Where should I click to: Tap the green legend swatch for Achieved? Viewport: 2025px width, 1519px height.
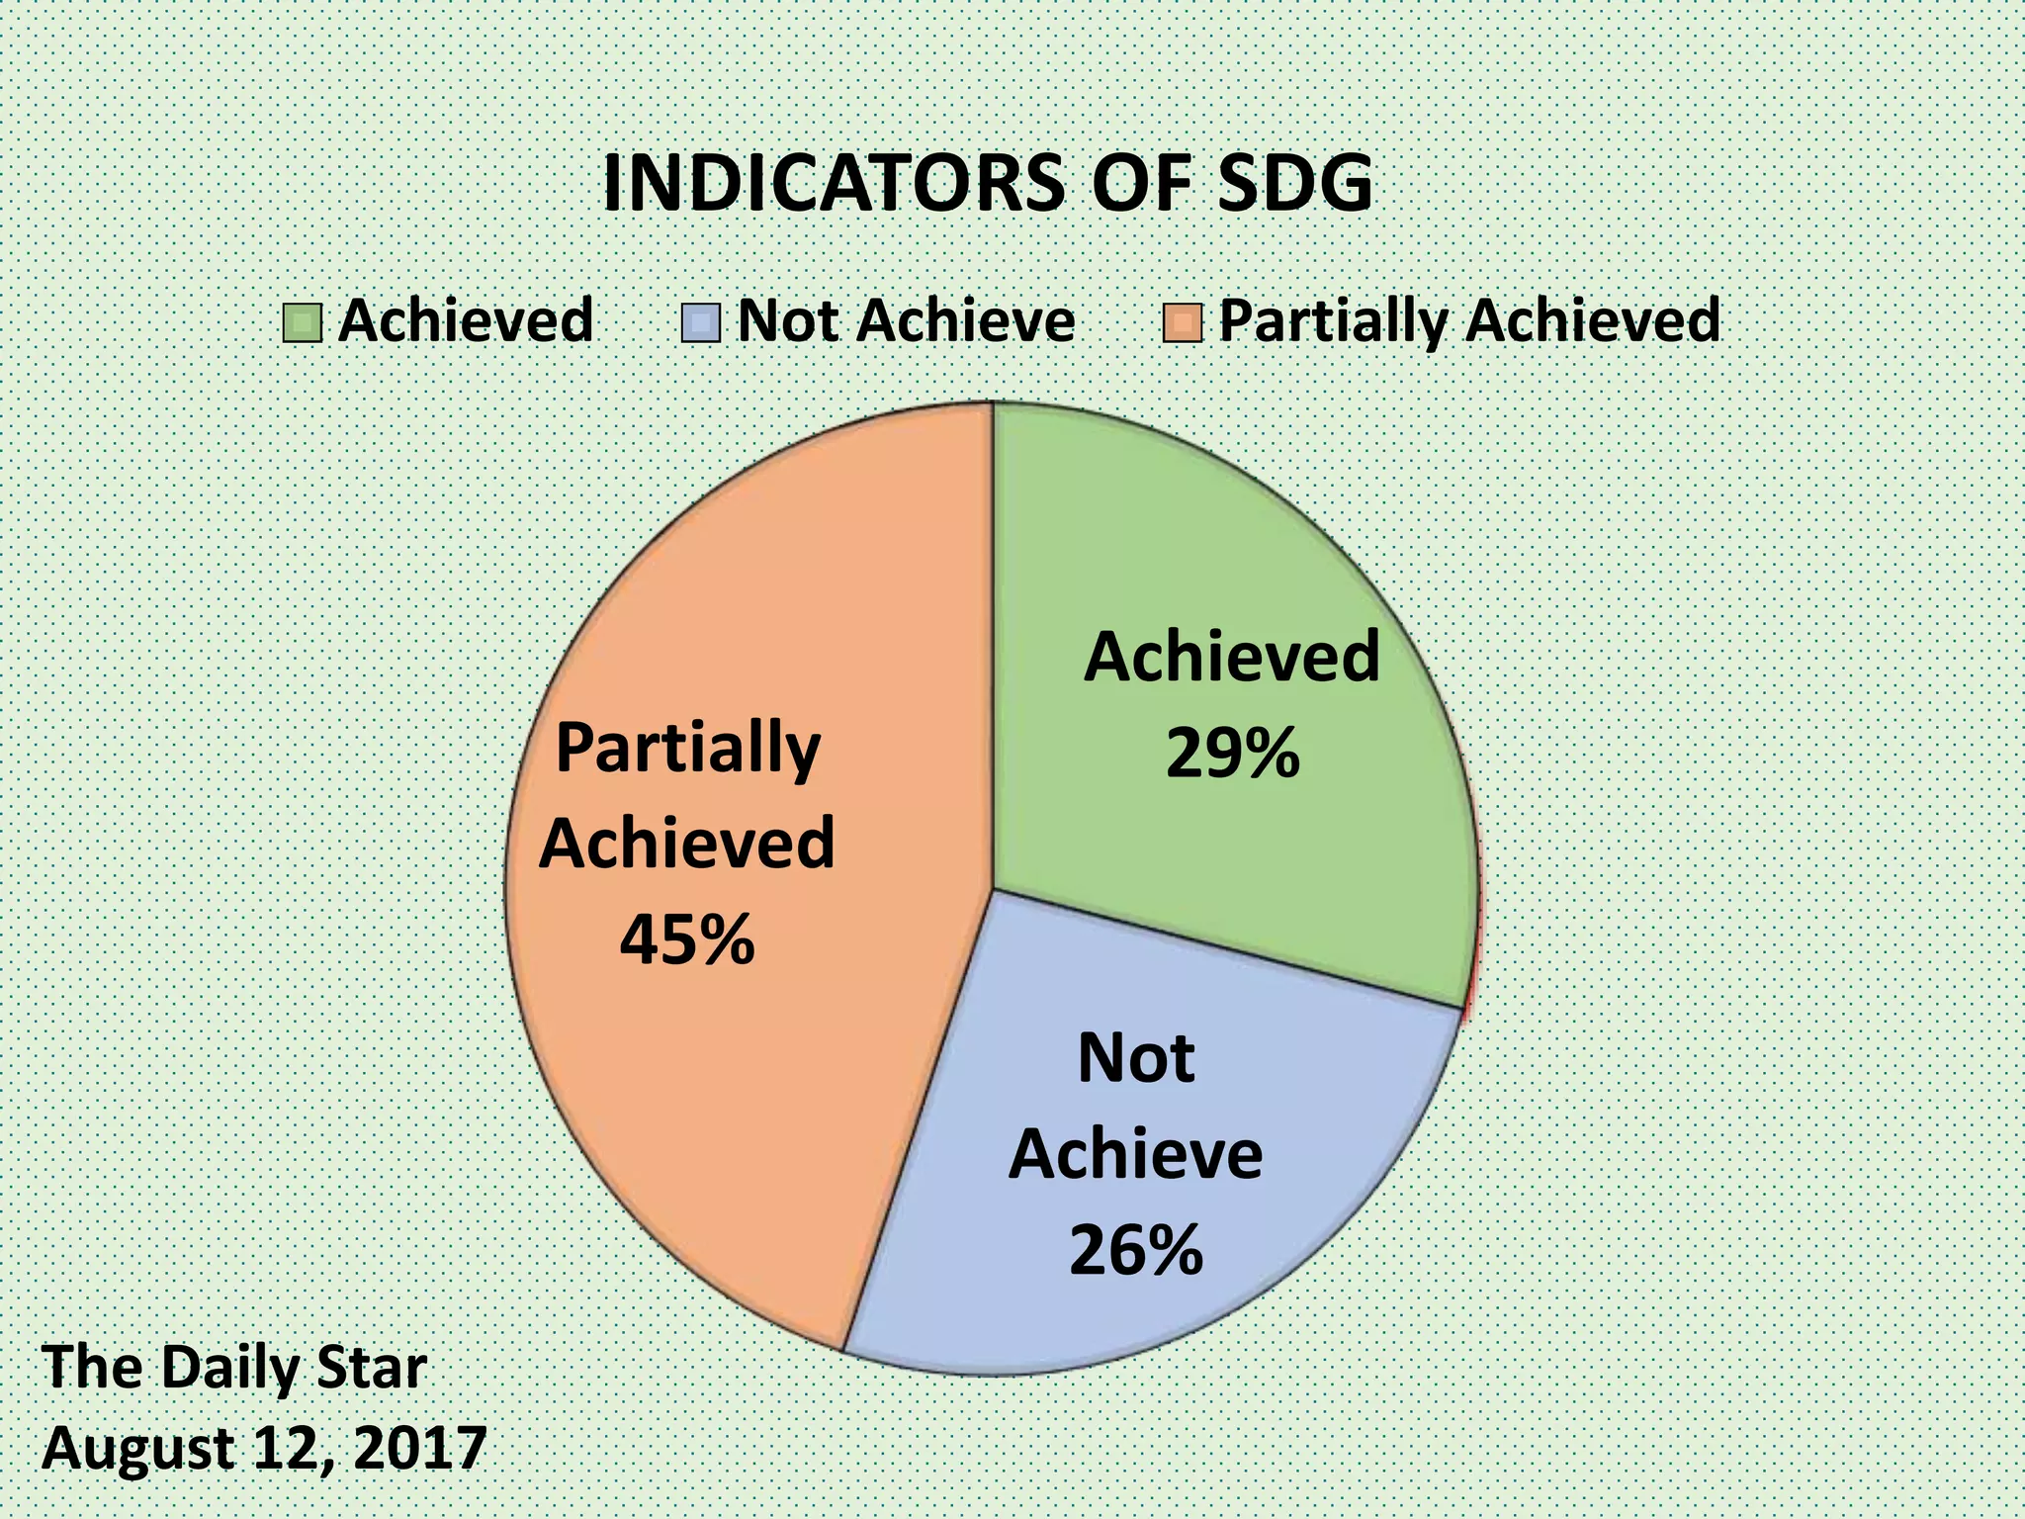click(303, 322)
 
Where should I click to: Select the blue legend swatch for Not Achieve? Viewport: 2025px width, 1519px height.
click(701, 322)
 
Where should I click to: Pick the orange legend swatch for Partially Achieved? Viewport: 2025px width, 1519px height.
click(1183, 322)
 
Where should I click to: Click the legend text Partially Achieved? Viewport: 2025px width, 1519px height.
click(1469, 320)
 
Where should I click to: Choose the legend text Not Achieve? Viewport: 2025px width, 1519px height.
click(906, 320)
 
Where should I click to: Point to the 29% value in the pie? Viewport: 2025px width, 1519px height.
click(1232, 754)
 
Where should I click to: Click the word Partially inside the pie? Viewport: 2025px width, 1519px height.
click(688, 750)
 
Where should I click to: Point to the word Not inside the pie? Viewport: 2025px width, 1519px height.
click(1136, 1058)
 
